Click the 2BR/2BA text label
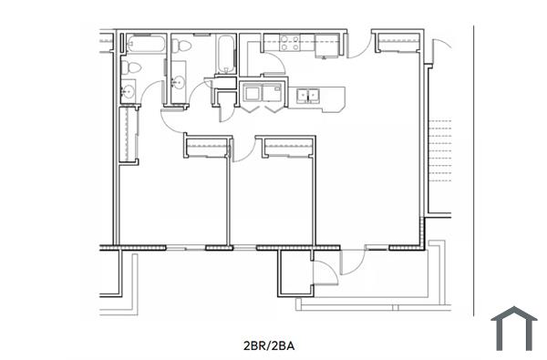click(x=273, y=345)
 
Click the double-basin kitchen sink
click(x=307, y=94)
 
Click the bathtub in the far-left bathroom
click(x=146, y=42)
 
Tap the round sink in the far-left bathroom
click(x=129, y=89)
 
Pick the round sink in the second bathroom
click(x=178, y=83)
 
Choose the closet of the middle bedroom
click(x=286, y=146)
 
